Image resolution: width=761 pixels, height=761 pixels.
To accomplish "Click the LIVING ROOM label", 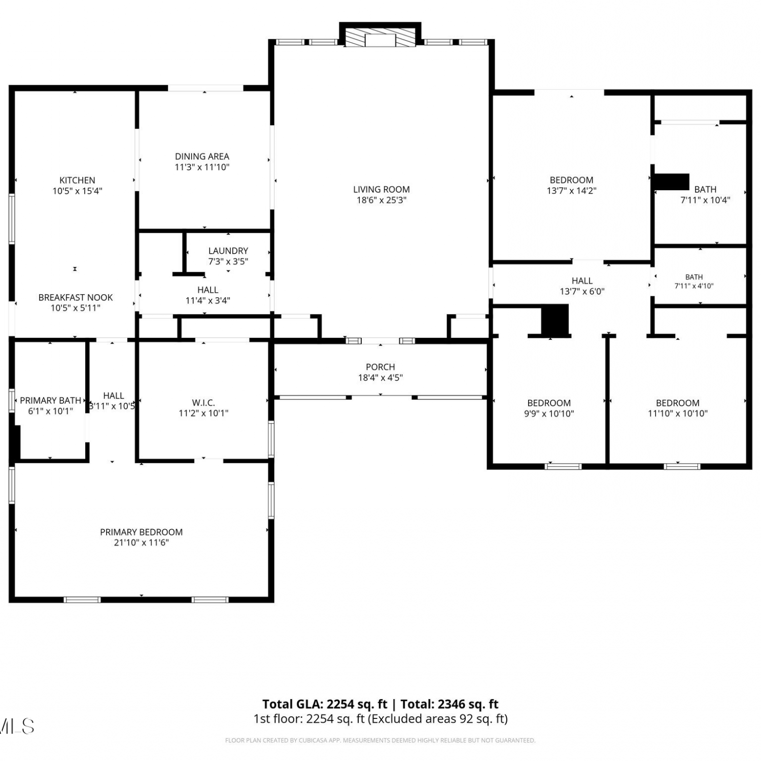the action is tap(381, 189).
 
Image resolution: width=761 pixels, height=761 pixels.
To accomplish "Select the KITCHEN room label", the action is tap(77, 180).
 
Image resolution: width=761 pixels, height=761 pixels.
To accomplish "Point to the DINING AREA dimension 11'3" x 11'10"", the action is tap(202, 167).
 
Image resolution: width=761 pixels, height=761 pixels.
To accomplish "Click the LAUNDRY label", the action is tap(228, 251).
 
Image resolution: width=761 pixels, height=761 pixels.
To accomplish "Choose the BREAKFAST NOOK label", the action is tap(76, 297).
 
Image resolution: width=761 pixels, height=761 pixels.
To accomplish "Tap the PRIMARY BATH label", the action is tap(50, 401).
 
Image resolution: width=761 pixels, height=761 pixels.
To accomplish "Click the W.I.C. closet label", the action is tap(203, 403).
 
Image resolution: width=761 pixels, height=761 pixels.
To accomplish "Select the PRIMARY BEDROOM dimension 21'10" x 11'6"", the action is tap(142, 543).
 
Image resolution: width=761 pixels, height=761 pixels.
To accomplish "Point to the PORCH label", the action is tap(380, 367).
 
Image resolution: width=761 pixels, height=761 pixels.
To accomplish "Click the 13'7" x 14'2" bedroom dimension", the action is tap(571, 191).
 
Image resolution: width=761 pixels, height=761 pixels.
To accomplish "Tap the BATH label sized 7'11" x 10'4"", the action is tap(705, 189).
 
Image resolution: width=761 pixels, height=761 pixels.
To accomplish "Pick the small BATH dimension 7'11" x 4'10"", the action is tap(694, 286).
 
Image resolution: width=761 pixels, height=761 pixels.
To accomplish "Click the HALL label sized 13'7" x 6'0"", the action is tap(582, 281).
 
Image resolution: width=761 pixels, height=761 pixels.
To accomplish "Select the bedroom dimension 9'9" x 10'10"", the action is tap(549, 413).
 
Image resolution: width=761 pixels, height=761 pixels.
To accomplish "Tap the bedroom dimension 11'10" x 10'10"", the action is tap(678, 413).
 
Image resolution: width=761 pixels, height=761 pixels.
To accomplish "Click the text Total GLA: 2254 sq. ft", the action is tap(325, 704).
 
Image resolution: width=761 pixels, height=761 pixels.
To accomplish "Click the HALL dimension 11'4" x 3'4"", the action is tap(208, 300).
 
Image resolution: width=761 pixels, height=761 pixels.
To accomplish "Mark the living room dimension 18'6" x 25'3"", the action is tap(382, 200).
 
